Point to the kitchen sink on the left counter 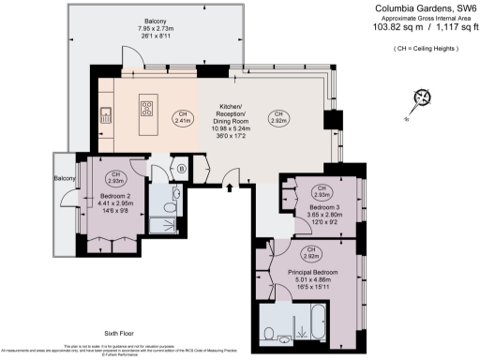[107, 116]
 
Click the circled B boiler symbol [181, 170]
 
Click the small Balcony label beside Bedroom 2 [63, 178]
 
